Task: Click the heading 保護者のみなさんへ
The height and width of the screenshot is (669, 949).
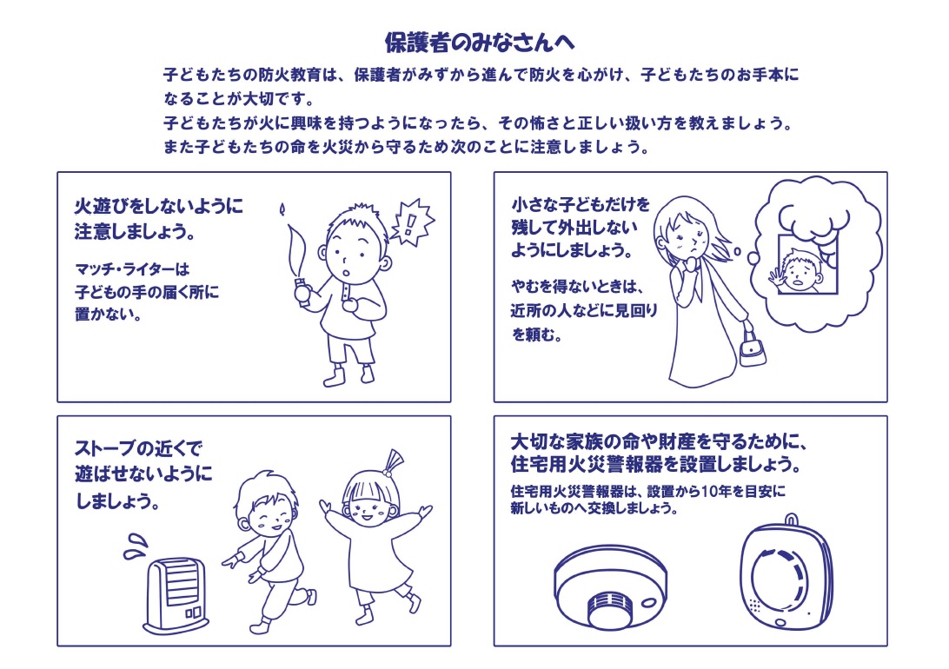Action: [480, 43]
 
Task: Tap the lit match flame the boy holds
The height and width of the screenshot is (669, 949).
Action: [282, 210]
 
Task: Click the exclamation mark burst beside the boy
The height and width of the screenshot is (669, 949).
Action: [412, 222]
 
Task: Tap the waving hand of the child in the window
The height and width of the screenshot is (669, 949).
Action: [776, 277]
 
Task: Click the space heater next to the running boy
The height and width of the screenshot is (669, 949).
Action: [176, 595]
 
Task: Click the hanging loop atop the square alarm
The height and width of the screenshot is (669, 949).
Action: [792, 520]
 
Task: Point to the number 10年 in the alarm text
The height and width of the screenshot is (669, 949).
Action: [714, 491]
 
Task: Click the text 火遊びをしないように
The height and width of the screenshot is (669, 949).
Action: [158, 206]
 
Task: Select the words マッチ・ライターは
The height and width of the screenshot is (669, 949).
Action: [133, 269]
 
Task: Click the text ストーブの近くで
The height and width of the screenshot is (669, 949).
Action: [138, 448]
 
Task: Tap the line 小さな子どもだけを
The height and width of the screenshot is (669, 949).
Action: [581, 204]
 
